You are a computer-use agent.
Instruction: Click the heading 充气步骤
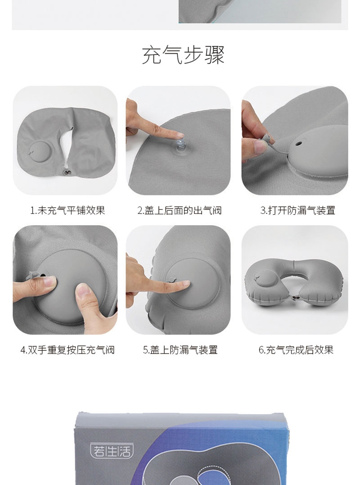click(x=183, y=55)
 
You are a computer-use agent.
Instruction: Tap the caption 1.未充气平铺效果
click(x=67, y=211)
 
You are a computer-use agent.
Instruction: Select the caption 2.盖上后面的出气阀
click(x=180, y=211)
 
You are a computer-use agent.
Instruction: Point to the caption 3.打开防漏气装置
click(x=297, y=211)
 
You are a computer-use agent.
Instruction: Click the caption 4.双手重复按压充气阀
click(x=67, y=350)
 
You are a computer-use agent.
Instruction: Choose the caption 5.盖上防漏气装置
click(x=180, y=350)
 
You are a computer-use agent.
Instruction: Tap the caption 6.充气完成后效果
click(x=296, y=350)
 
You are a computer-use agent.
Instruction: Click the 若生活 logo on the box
click(x=112, y=451)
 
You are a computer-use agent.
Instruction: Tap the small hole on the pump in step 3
click(x=299, y=144)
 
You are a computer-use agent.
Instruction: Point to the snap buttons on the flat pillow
click(x=67, y=172)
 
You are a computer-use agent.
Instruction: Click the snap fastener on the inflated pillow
click(x=294, y=298)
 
